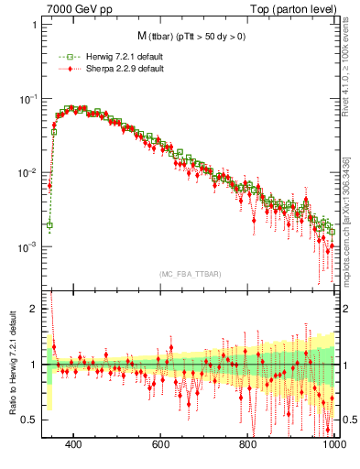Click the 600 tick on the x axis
click(161, 445)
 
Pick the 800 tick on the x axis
click(248, 445)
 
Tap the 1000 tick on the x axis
click(333, 445)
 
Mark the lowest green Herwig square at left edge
click(49, 224)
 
